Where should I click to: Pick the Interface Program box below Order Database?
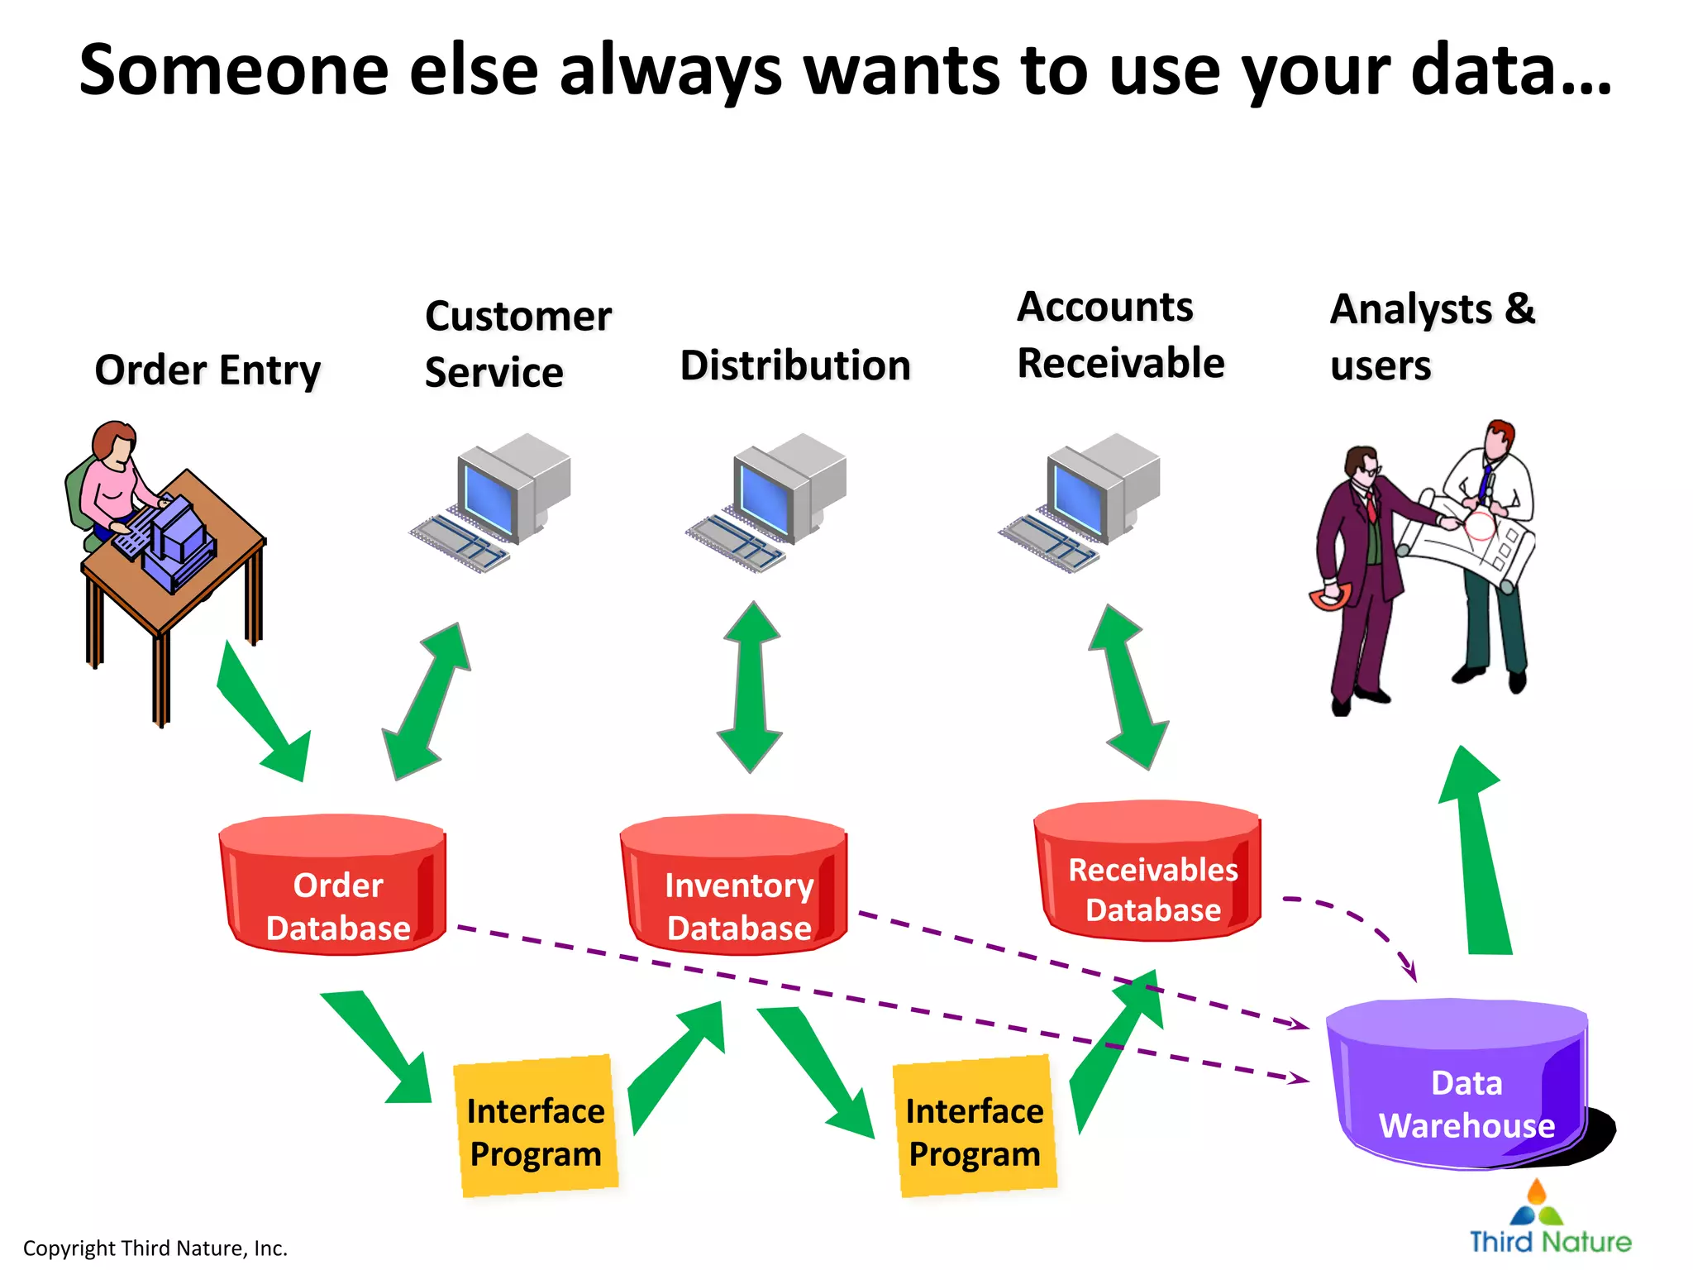coord(537,1126)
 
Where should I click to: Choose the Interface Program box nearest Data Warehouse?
coord(975,1126)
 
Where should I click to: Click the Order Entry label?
coord(207,370)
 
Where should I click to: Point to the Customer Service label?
coord(517,343)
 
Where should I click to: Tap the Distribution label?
coord(795,365)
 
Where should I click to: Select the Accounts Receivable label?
coord(1120,335)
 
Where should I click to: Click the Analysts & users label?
coord(1432,337)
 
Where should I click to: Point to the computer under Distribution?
coord(769,499)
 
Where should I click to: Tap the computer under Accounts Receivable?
coord(1082,499)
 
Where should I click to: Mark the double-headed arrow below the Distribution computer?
coord(751,686)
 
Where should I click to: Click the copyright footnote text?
coord(155,1248)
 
